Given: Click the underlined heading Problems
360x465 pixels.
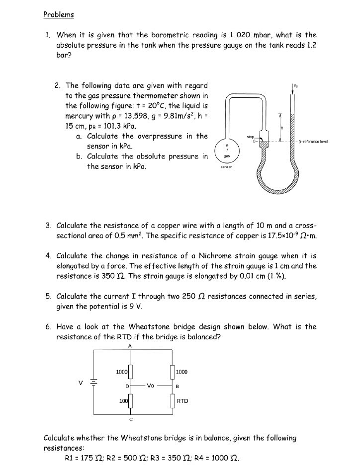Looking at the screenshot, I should [58, 14].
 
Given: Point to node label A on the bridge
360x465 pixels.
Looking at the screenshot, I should [130, 346].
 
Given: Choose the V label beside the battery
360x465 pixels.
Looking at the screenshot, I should [78, 383].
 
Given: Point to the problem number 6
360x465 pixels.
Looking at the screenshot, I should [48, 327].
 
